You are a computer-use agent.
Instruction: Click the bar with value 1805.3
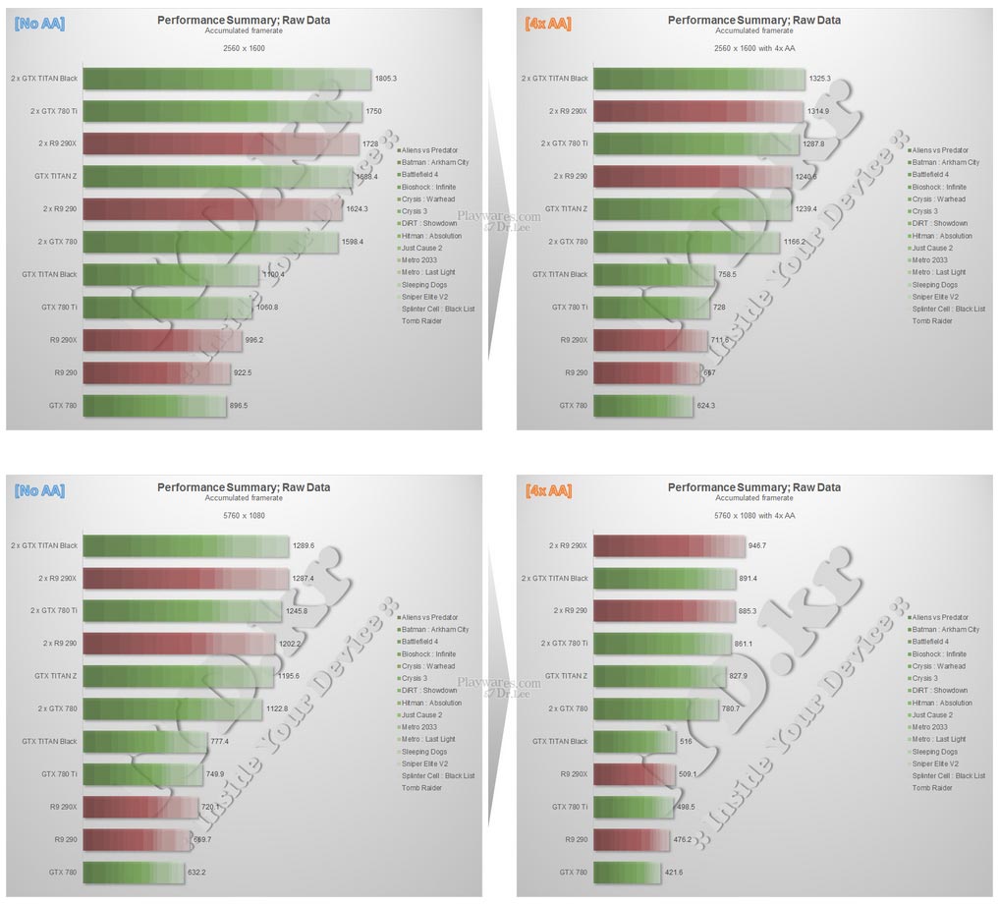227,79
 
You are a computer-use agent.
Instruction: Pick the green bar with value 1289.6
186,545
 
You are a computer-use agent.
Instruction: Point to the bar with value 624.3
643,405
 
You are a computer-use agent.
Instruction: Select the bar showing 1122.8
177,708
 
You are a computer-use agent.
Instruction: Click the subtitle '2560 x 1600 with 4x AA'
753,48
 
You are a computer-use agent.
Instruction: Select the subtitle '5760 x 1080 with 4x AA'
753,515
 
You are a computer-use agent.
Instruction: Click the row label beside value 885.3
570,610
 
